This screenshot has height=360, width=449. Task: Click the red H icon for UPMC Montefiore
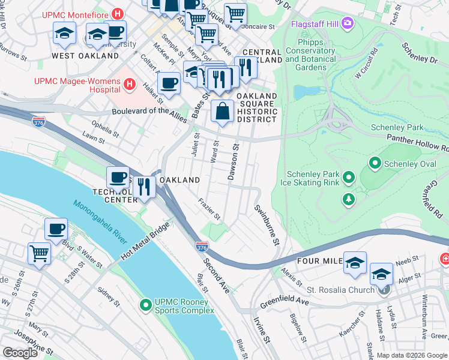(118, 13)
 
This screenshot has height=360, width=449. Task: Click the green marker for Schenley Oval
(376, 163)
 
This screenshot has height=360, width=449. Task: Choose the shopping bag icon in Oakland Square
(222, 111)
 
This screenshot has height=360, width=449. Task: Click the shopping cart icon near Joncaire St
(235, 13)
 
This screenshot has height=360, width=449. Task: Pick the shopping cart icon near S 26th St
(39, 253)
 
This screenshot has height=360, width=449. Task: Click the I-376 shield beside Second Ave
(202, 247)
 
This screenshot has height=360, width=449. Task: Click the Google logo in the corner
(20, 353)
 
